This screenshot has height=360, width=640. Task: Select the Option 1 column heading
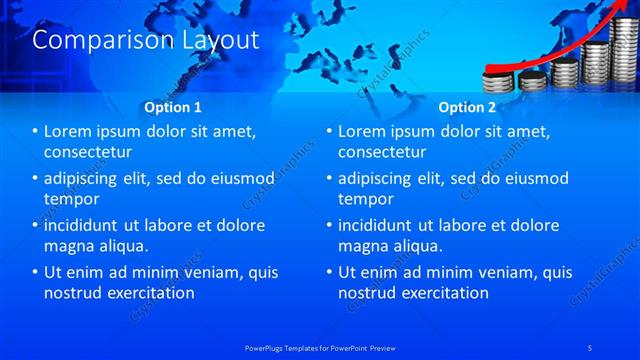coord(173,106)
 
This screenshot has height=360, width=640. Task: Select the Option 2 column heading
coord(466,106)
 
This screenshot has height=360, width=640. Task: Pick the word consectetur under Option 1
coord(89,153)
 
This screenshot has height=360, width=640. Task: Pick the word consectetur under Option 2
coord(382,153)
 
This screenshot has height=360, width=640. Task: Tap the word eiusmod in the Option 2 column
coord(534,179)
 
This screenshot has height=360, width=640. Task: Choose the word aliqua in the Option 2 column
coord(416,246)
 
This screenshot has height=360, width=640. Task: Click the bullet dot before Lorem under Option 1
coord(36,132)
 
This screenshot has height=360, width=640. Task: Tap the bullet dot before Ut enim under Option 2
coord(329,272)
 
